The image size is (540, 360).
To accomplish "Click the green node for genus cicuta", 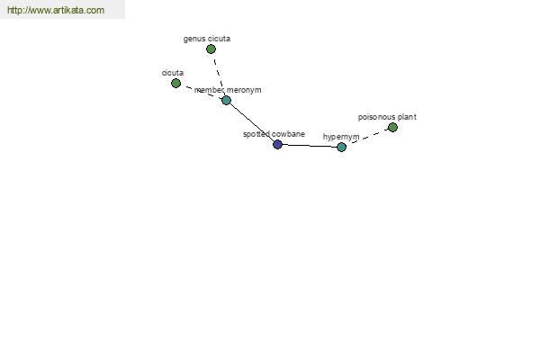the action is coord(211,49).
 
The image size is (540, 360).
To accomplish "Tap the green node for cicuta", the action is coord(175,83).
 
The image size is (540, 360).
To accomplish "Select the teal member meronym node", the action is coord(226,100).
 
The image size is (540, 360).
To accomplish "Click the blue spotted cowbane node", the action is coord(277,144).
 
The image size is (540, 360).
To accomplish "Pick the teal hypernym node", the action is coord(341,147).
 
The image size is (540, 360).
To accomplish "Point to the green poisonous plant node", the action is coord(392,128).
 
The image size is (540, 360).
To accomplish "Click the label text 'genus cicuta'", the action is coord(207,39).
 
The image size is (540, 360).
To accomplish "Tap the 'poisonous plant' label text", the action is coord(387,117).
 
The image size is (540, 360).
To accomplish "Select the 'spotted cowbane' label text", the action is coord(274,134).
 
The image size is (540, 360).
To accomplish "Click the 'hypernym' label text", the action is coord(341,137).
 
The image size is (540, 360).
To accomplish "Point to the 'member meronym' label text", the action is coord(228,90).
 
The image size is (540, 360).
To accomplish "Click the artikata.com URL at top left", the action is coord(56,10).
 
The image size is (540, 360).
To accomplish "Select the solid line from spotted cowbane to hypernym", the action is coord(310,146).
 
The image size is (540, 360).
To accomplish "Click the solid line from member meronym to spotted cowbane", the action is coord(252,122).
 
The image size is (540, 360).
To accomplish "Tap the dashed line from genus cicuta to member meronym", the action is coord(219,75).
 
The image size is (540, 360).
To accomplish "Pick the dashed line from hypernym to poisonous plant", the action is coord(367,137).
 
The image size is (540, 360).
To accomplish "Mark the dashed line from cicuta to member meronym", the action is coord(201,92).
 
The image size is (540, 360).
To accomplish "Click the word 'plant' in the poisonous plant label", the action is coord(407,117).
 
